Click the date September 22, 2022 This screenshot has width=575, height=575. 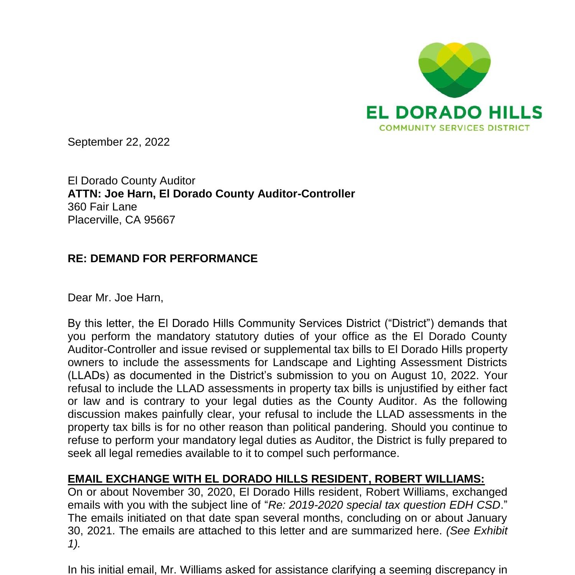(118, 142)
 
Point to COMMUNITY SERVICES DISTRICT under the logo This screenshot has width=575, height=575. (454, 128)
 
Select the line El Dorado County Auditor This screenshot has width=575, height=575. (131, 181)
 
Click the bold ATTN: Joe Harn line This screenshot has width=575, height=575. (211, 194)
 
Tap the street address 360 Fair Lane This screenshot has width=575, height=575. (102, 207)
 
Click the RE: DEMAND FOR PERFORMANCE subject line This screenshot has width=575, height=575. (163, 259)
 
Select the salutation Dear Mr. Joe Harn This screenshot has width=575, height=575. (115, 297)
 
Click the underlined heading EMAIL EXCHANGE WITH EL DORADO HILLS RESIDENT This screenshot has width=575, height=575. (276, 479)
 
